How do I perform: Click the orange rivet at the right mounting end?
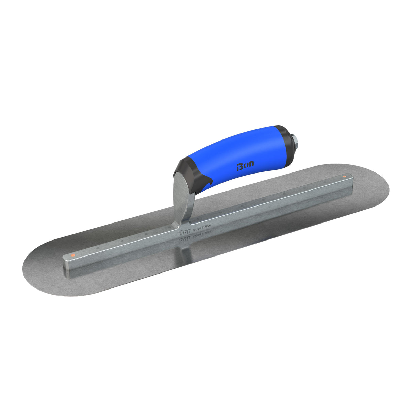tap(344, 177)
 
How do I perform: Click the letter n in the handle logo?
tap(251, 165)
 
